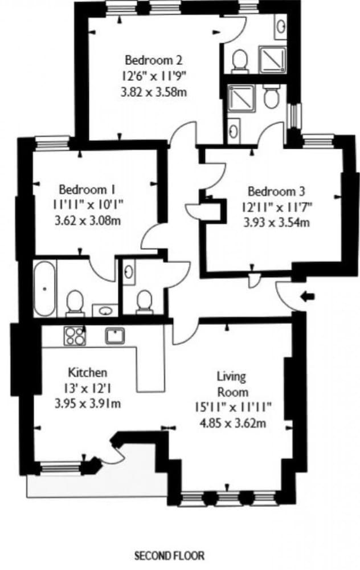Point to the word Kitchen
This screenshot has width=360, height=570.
point(87,373)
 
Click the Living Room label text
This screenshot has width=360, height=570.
point(232,384)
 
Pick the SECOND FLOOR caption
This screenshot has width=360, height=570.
point(169,555)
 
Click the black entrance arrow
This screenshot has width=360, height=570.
point(308,296)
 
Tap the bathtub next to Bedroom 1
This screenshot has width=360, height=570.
point(44,288)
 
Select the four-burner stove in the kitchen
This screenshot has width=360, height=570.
point(73,335)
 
